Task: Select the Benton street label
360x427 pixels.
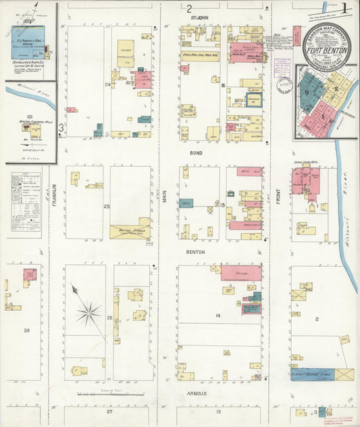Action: [196, 252]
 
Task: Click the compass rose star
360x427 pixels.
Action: [88, 312]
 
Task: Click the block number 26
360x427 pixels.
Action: [109, 317]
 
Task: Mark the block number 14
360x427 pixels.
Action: [218, 316]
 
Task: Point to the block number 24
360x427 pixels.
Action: [107, 84]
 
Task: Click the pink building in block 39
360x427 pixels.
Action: [30, 275]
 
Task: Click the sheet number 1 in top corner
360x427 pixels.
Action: [344, 9]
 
